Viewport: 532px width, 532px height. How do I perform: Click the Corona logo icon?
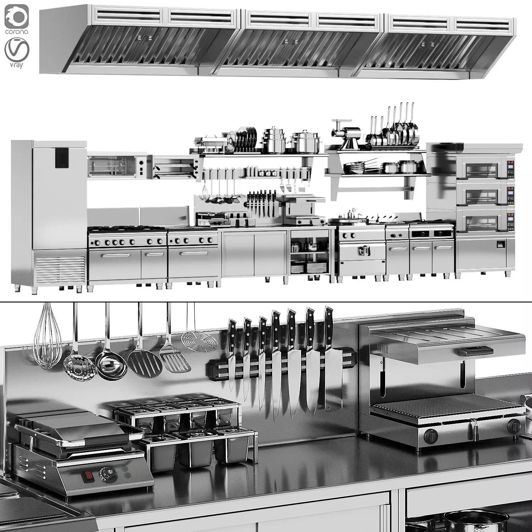pos(17,17)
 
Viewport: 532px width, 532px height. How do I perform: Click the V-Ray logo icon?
pos(17,52)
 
